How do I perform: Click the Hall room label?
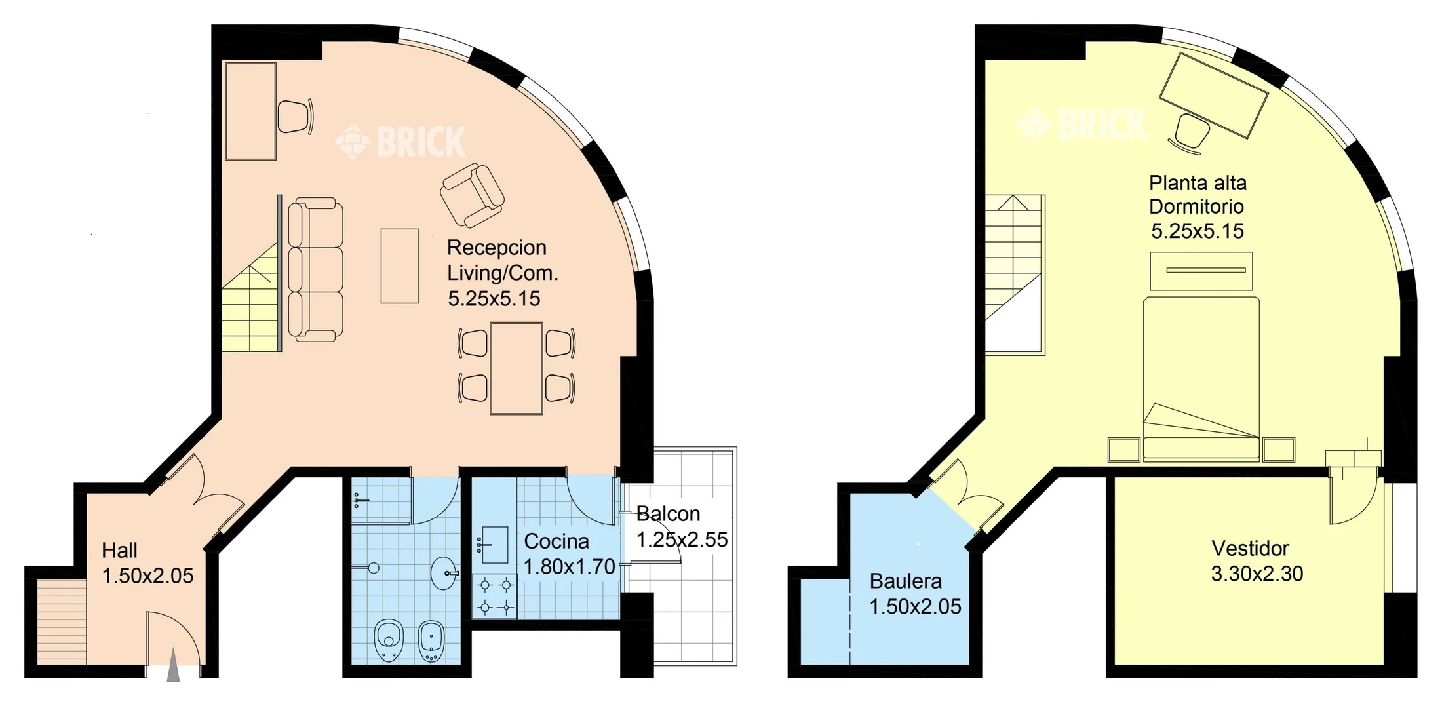[119, 550]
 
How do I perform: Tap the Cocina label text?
[556, 541]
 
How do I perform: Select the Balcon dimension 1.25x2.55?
[682, 539]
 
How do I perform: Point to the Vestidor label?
[1250, 548]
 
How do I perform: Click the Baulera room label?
[905, 581]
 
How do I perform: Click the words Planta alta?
[1198, 183]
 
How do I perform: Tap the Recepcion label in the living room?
[496, 247]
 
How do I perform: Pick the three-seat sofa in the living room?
[315, 269]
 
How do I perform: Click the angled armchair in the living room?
[472, 195]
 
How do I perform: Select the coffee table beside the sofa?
[400, 265]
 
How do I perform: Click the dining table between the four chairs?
[516, 368]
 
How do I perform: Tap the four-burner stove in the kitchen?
[495, 596]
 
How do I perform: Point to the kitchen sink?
[493, 545]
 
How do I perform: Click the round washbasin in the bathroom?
[444, 573]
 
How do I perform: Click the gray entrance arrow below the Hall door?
[173, 665]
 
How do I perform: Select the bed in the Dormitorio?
[1201, 379]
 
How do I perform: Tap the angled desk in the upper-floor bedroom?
[1213, 96]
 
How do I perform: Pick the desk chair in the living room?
[295, 117]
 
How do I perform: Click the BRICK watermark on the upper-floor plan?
[1082, 124]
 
